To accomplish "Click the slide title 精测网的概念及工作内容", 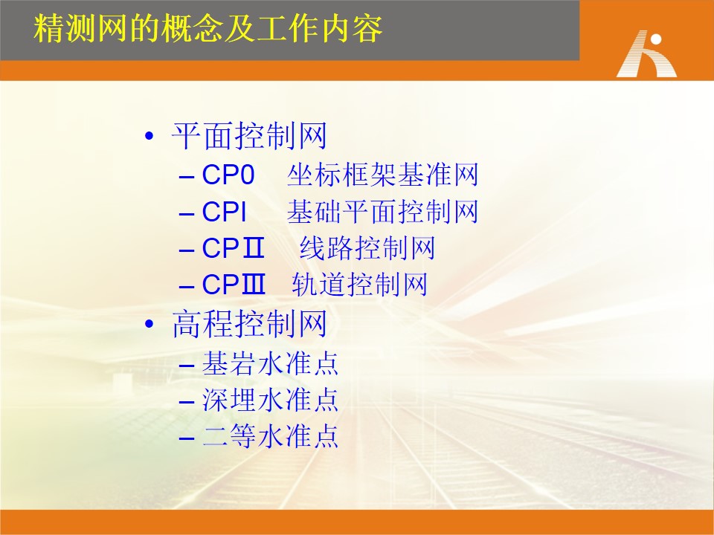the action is pyautogui.click(x=208, y=29).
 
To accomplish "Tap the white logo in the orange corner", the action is pyautogui.click(x=646, y=54).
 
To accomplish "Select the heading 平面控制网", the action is pyautogui.click(x=249, y=136).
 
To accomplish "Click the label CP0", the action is pyautogui.click(x=228, y=175).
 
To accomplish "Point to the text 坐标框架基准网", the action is pyautogui.click(x=382, y=175).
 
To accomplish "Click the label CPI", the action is pyautogui.click(x=224, y=212).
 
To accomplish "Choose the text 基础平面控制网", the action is pyautogui.click(x=382, y=212).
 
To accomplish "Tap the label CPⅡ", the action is pyautogui.click(x=233, y=248).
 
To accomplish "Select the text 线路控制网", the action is pyautogui.click(x=367, y=248).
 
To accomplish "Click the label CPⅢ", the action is pyautogui.click(x=233, y=285).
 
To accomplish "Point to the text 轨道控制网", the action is pyautogui.click(x=360, y=285).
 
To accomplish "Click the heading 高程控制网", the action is pyautogui.click(x=250, y=324).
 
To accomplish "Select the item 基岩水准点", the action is pyautogui.click(x=270, y=363).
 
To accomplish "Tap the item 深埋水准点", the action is pyautogui.click(x=270, y=400).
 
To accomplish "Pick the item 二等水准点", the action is pyautogui.click(x=270, y=436).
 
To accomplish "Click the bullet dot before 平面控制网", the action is pyautogui.click(x=149, y=135).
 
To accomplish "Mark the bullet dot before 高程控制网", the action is pyautogui.click(x=149, y=324).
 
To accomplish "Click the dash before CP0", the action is pyautogui.click(x=187, y=177).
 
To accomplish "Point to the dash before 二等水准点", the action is pyautogui.click(x=187, y=438).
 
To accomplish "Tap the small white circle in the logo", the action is pyautogui.click(x=656, y=39).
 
